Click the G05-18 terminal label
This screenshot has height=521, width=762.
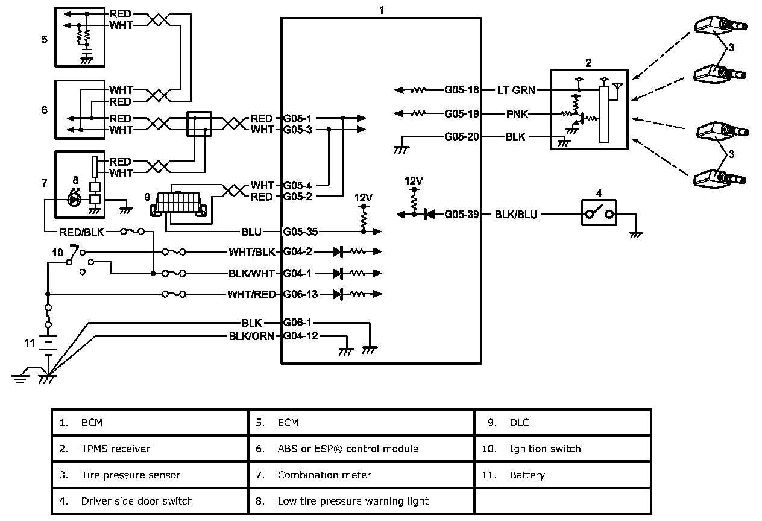pyautogui.click(x=462, y=90)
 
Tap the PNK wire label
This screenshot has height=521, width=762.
pyautogui.click(x=515, y=113)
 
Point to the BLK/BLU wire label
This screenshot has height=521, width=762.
pyautogui.click(x=515, y=214)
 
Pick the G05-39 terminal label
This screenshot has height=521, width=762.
pyautogui.click(x=462, y=214)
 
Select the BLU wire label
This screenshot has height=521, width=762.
pyautogui.click(x=251, y=232)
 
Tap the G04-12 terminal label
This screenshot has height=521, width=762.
pyautogui.click(x=300, y=336)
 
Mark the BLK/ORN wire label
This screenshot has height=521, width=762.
pyautogui.click(x=252, y=336)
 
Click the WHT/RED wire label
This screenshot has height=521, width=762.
pyautogui.click(x=251, y=294)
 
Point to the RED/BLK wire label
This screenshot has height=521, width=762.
pyautogui.click(x=82, y=231)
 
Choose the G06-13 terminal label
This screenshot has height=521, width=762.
pyautogui.click(x=300, y=294)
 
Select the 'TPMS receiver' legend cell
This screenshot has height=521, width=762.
pyautogui.click(x=150, y=449)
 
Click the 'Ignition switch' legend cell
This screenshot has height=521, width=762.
pyautogui.click(x=564, y=449)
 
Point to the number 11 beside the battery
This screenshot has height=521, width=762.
pyautogui.click(x=30, y=343)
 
